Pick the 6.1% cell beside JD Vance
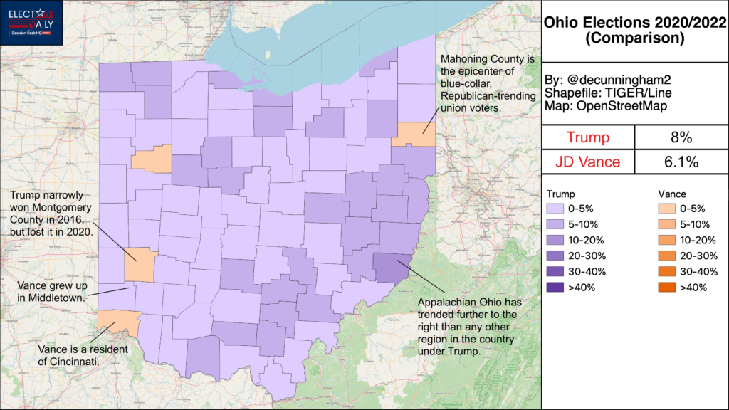[x=681, y=162]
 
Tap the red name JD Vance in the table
[x=589, y=162]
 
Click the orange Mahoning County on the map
[x=413, y=134]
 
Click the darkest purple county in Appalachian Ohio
[x=391, y=268]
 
